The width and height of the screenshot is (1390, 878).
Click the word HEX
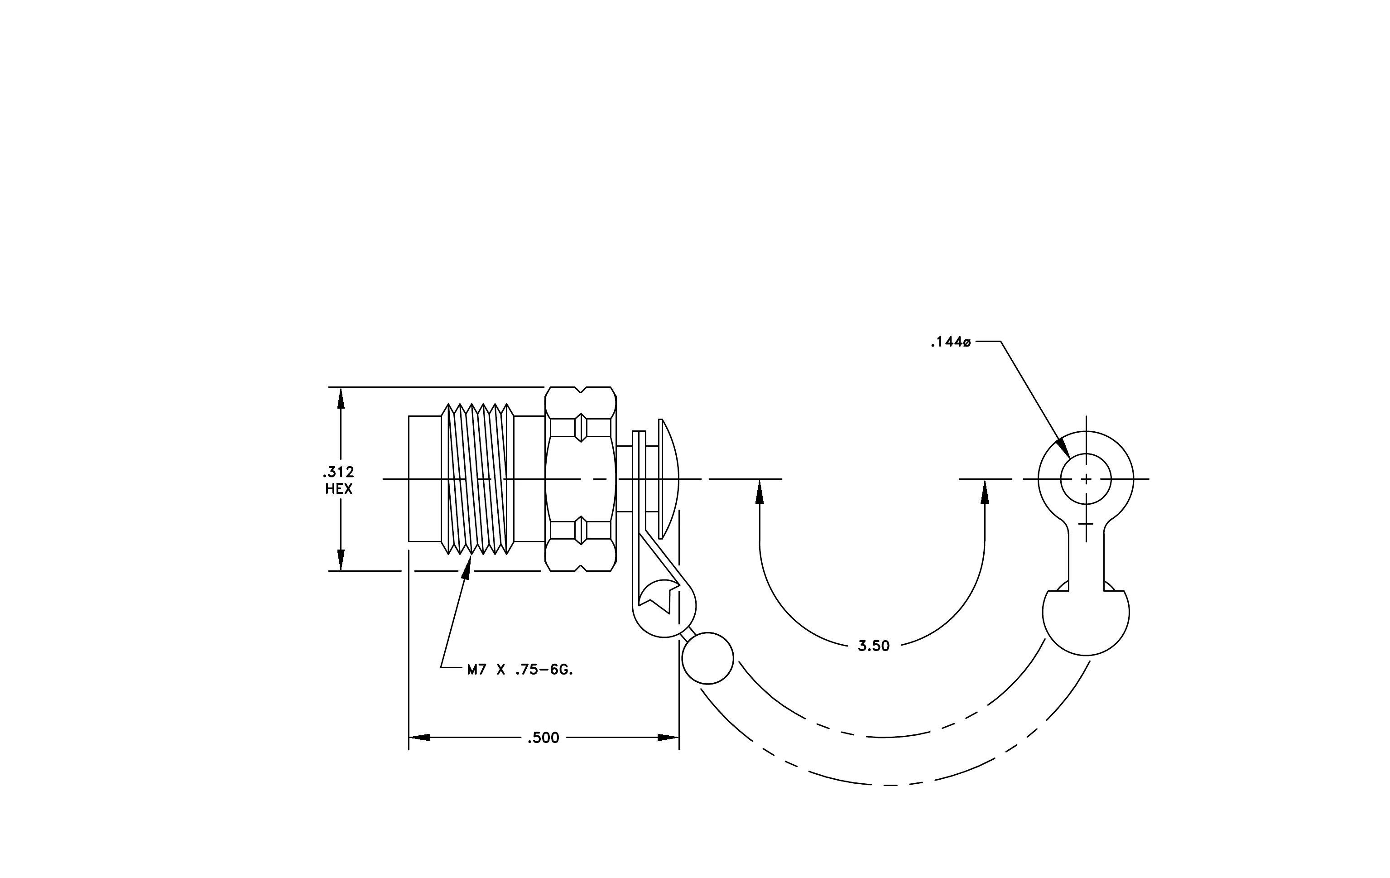(x=339, y=489)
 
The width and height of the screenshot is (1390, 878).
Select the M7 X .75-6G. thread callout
(x=520, y=670)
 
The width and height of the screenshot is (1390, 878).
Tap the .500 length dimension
(x=543, y=738)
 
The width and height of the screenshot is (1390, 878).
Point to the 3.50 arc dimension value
(x=873, y=646)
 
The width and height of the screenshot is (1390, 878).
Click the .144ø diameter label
(x=950, y=343)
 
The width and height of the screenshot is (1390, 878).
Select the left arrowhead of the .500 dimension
(x=420, y=738)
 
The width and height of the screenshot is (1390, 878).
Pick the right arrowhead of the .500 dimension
(x=668, y=738)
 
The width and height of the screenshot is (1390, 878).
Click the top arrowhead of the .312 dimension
(x=341, y=398)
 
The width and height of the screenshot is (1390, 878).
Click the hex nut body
(x=581, y=479)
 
